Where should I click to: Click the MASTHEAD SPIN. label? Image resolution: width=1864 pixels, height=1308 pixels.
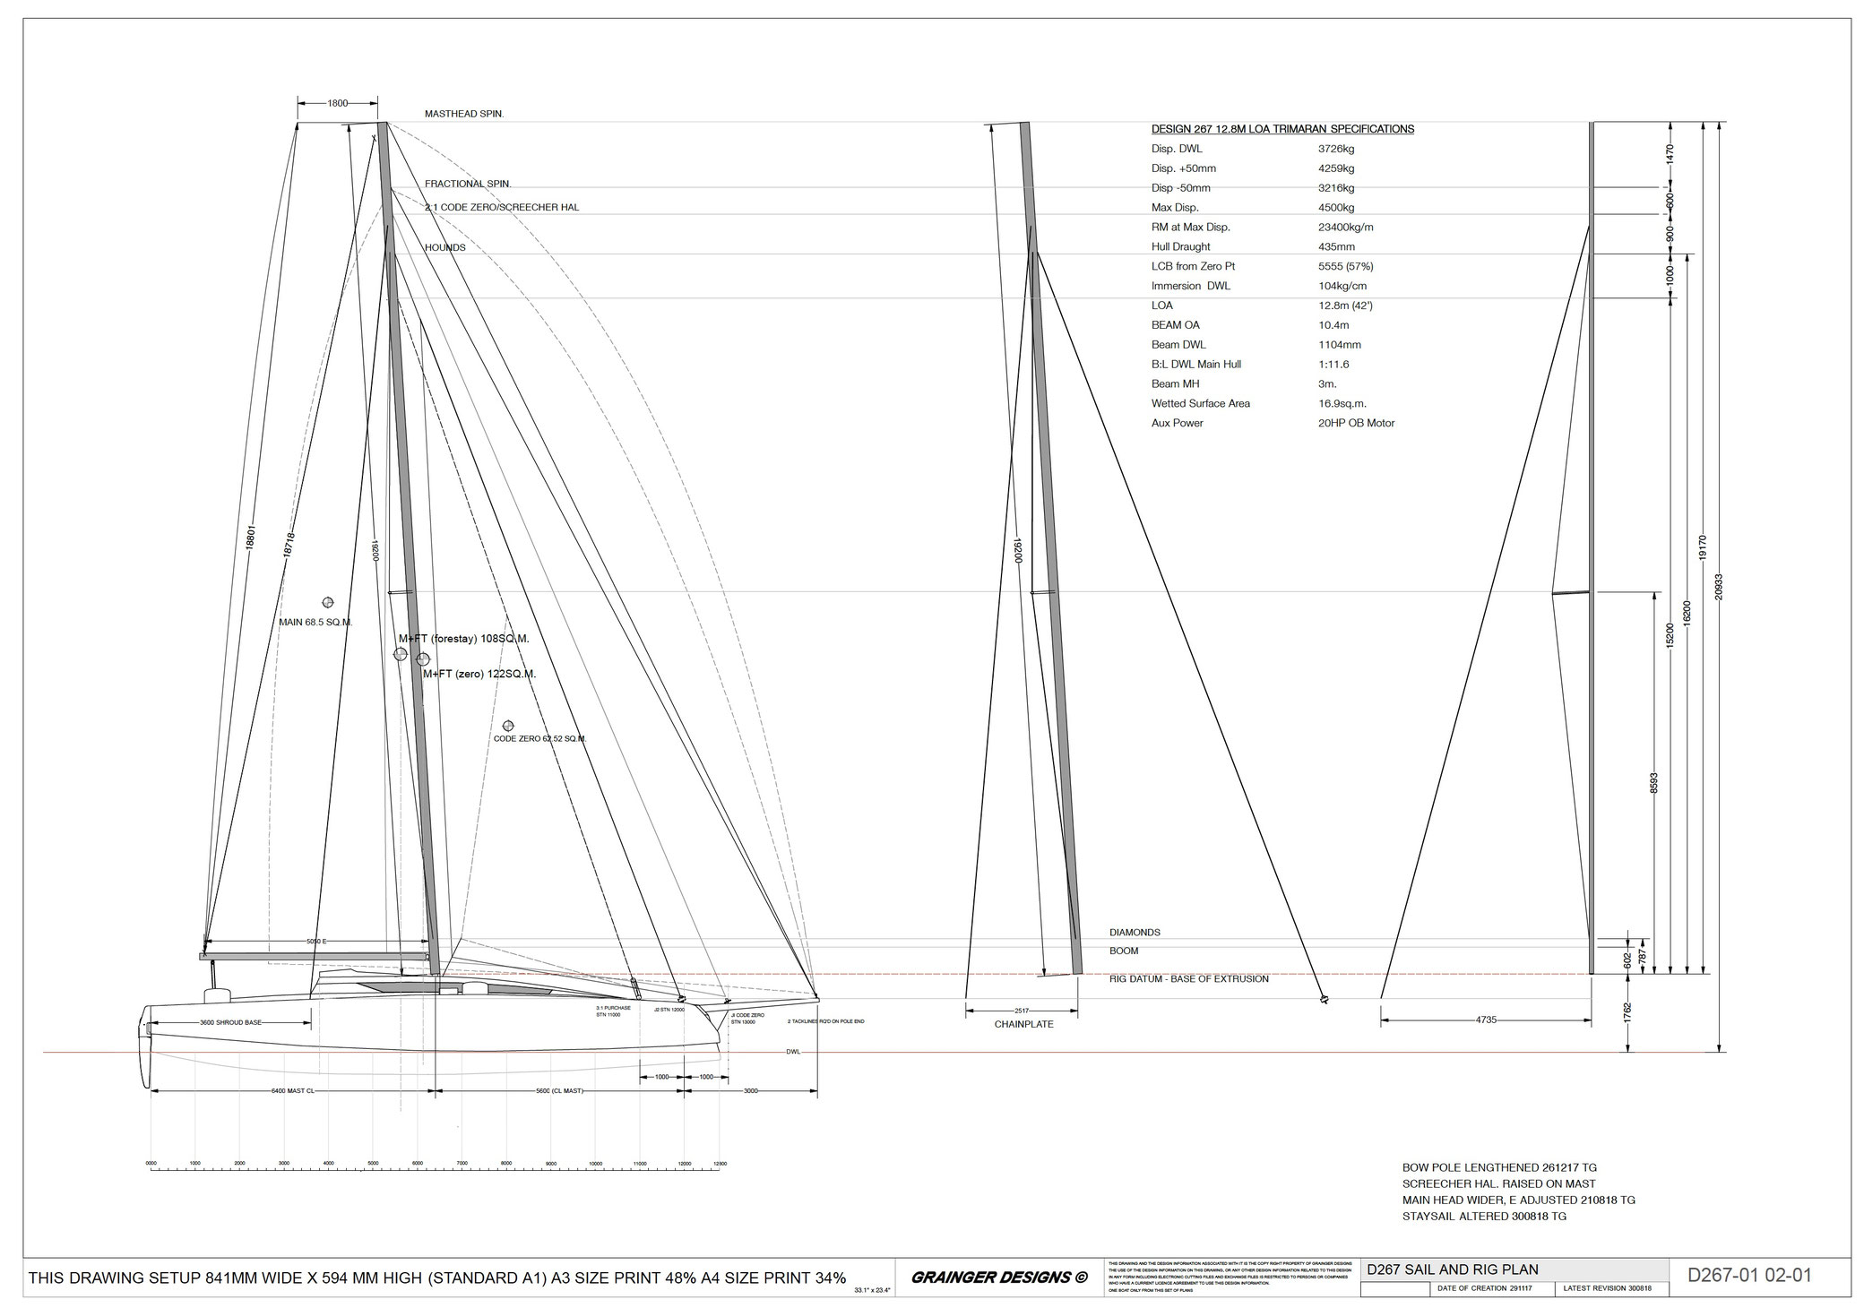pyautogui.click(x=463, y=115)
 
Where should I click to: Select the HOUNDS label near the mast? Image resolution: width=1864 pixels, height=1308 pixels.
pyautogui.click(x=444, y=247)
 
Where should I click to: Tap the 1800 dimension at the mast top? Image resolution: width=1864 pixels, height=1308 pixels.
pyautogui.click(x=338, y=103)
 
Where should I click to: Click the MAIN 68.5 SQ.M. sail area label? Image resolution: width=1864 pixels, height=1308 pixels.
pyautogui.click(x=315, y=622)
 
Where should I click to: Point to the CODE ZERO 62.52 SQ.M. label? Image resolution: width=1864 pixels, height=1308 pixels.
pyautogui.click(x=539, y=739)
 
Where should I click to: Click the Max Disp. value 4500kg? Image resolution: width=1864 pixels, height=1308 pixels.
pyautogui.click(x=1330, y=208)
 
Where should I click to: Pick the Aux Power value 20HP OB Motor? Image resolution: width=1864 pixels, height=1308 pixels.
pyautogui.click(x=1350, y=423)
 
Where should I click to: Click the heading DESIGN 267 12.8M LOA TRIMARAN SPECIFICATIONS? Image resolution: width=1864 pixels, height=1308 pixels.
pyautogui.click(x=1282, y=129)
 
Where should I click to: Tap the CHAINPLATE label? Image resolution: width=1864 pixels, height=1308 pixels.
pyautogui.click(x=1023, y=1024)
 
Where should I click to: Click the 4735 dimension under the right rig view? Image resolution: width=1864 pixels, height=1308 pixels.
pyautogui.click(x=1486, y=1020)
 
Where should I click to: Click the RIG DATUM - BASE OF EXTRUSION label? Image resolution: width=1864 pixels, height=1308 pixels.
pyautogui.click(x=1188, y=979)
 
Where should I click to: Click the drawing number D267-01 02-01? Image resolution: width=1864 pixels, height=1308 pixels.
pyautogui.click(x=1749, y=1276)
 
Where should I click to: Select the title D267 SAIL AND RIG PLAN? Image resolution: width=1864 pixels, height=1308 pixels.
pyautogui.click(x=1452, y=1269)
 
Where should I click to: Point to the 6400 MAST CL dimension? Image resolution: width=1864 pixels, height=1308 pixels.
pyautogui.click(x=293, y=1091)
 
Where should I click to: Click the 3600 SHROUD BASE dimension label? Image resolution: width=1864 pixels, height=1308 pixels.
pyautogui.click(x=230, y=1022)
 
